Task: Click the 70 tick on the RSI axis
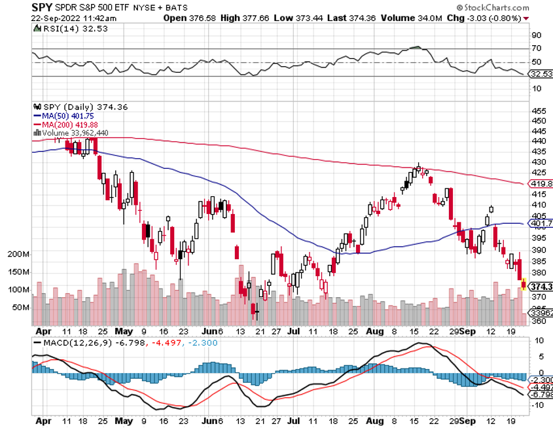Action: tap(536, 49)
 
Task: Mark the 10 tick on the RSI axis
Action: tap(536, 88)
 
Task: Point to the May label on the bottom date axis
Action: tap(124, 332)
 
